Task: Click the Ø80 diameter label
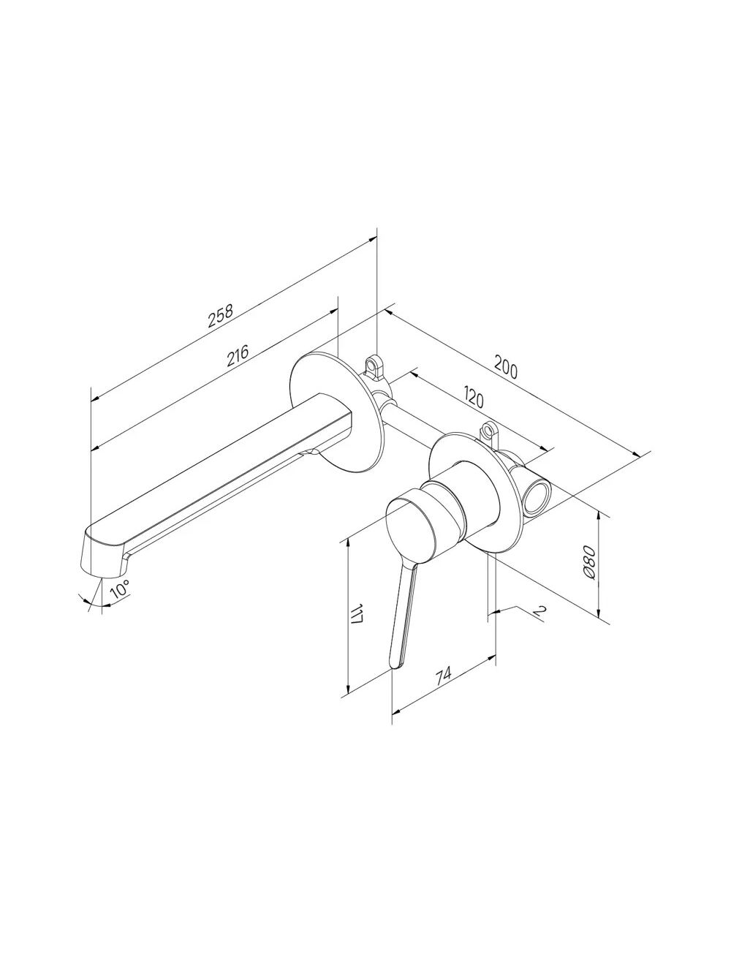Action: click(x=588, y=562)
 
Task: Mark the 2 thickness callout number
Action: click(x=539, y=610)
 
